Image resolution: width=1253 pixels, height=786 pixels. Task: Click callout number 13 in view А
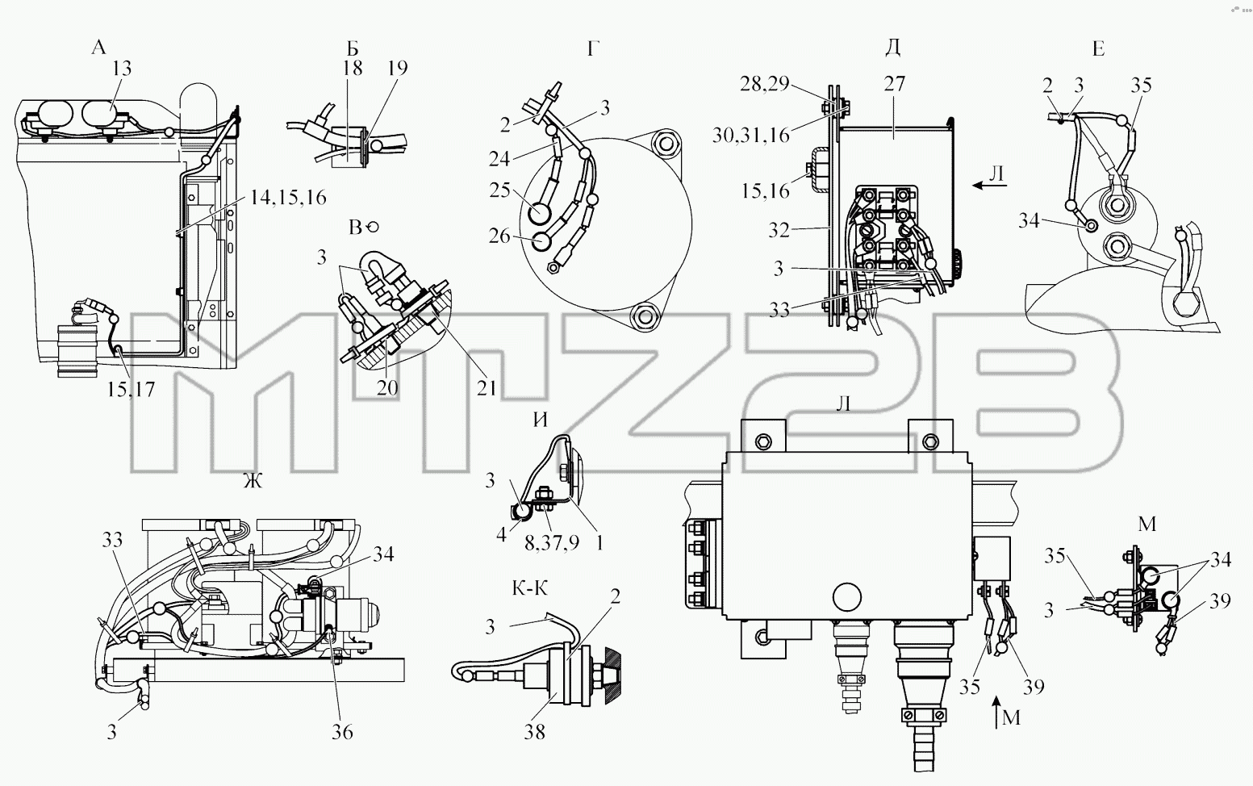121,69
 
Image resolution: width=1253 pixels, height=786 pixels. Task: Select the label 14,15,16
287,198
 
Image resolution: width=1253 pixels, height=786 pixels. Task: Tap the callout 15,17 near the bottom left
131,389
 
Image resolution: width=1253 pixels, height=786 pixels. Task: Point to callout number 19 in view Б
397,69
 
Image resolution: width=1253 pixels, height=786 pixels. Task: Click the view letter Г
594,49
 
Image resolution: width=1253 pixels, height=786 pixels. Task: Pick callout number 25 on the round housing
499,190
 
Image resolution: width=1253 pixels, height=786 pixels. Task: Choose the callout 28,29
764,84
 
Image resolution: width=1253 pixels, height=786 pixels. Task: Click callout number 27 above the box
895,84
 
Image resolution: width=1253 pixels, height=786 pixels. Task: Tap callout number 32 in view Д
779,230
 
